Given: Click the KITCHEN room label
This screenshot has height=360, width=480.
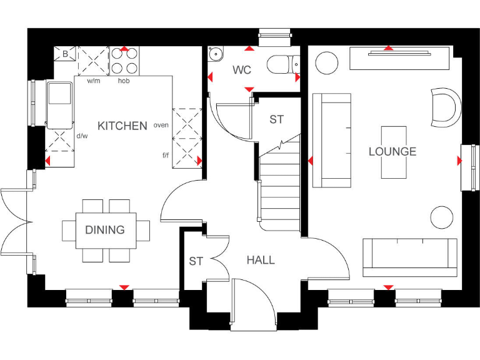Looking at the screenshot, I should point(122,126).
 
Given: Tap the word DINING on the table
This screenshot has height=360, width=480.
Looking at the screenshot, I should point(105,230).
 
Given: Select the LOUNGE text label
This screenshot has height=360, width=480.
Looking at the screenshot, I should point(392,152).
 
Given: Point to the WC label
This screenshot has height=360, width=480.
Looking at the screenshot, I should point(242,69).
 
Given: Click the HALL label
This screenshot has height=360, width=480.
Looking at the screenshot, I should point(261,260).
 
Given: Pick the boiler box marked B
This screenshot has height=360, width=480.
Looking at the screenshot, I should point(64,54).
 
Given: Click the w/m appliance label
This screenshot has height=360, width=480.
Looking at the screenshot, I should point(94,81).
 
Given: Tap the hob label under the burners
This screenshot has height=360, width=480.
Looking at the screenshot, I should point(124,81).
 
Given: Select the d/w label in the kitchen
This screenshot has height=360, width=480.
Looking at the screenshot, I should point(82,135).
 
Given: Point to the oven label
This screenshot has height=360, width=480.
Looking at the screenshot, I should point(161,125).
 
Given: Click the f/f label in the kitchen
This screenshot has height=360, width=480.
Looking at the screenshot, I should point(166,154).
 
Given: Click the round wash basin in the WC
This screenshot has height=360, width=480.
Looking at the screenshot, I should point(216,54).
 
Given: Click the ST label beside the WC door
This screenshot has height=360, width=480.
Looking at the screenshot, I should point(277,119).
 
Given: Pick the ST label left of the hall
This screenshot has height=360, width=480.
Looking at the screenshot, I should point(196,261).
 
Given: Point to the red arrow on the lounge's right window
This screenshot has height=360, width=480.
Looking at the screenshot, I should point(459,161).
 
